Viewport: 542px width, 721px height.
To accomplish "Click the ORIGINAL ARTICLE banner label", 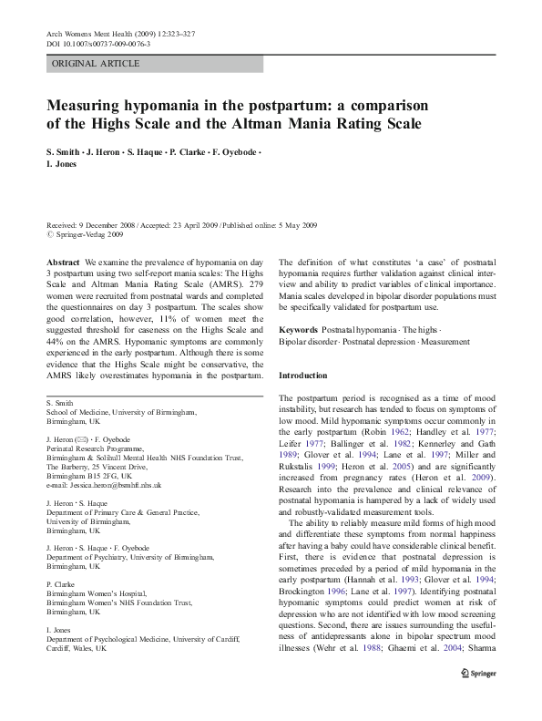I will coord(96,64).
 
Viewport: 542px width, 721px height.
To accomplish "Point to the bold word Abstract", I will coord(62,262).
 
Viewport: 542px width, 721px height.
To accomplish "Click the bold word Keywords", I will coord(298,329).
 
